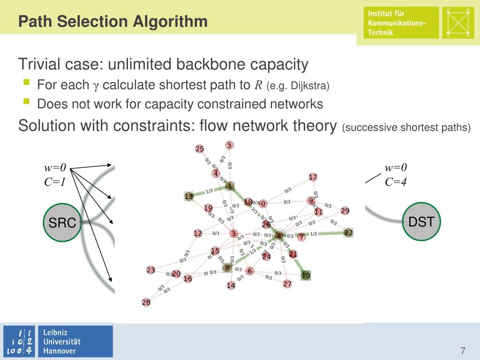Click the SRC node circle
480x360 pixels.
coord(62,223)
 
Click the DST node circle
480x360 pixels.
coord(421,222)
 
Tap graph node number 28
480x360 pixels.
coord(146,302)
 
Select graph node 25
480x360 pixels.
coord(200,149)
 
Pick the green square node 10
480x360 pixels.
coord(306,275)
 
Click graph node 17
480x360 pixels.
coord(313,177)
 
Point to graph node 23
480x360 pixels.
coord(150,270)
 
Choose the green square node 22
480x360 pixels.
coord(348,232)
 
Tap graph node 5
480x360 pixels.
coord(229,145)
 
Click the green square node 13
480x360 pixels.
coord(189,196)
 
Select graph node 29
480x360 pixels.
coord(345,210)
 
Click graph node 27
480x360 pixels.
coord(287,284)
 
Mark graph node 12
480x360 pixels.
coord(198,233)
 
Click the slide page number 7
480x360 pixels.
coord(463,351)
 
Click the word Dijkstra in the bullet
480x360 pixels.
coord(312,86)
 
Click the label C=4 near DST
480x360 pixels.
coord(396,181)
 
